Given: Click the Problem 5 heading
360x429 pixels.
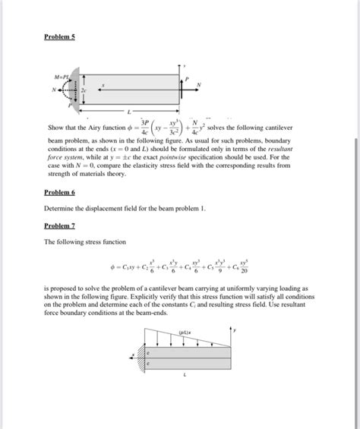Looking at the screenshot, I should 59,36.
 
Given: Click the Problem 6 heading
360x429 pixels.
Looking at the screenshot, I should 59,194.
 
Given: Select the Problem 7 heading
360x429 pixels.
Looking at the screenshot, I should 59,226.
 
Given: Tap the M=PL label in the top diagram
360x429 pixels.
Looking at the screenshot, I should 60,77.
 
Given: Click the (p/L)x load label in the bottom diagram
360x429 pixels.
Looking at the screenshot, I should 184,331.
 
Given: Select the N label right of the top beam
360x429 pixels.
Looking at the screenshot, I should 198,84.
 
